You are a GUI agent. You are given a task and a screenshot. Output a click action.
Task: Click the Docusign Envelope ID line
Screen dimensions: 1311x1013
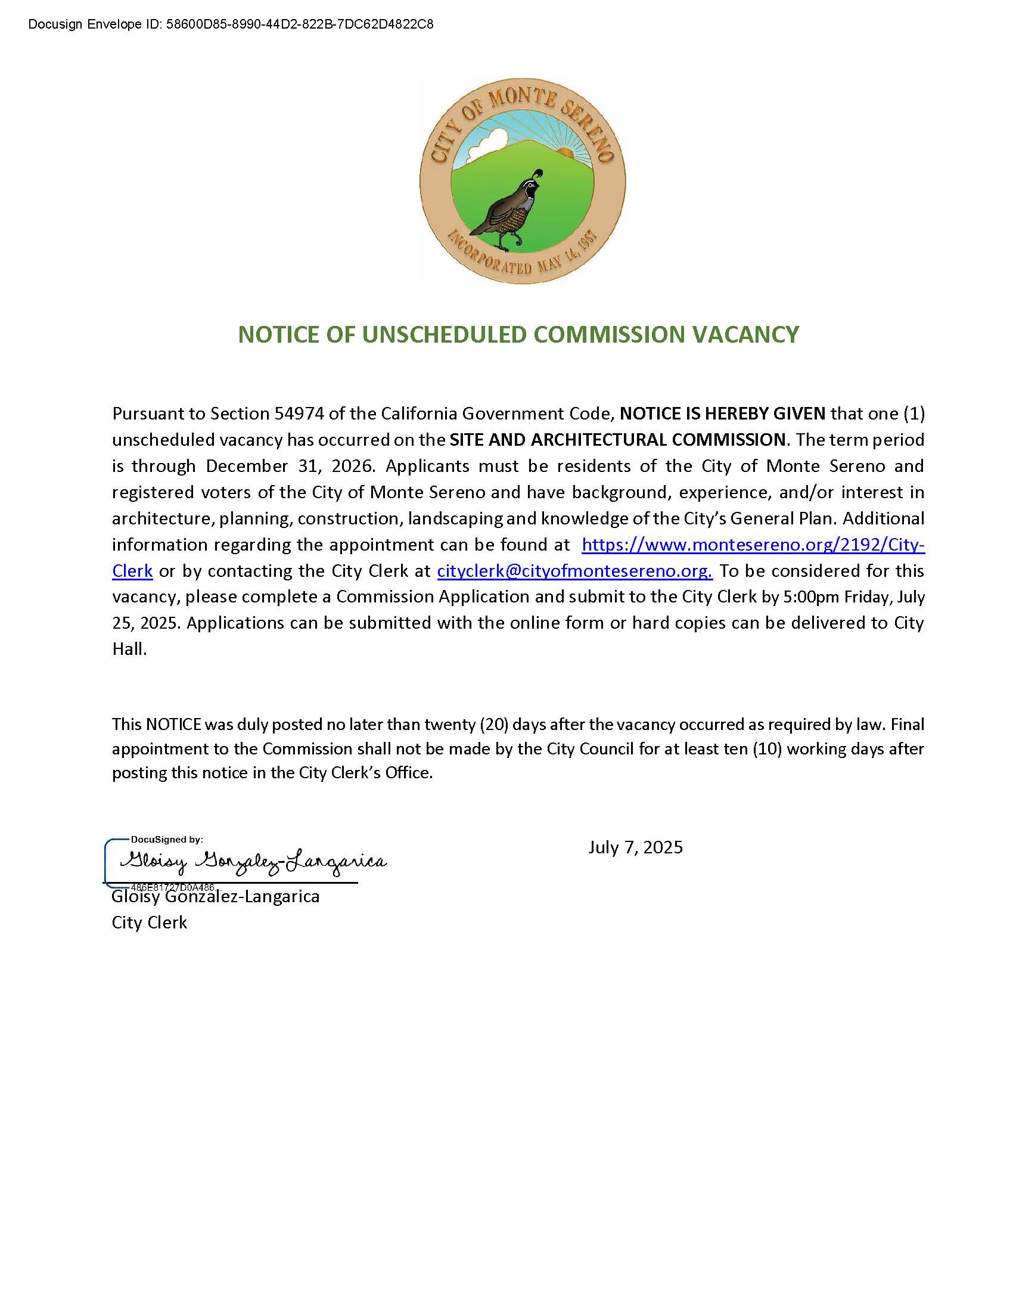coord(231,24)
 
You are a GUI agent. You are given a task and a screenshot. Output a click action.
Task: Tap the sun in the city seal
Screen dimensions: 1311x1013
coord(566,152)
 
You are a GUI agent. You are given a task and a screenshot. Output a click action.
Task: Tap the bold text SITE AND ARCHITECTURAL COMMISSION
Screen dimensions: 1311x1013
coord(617,439)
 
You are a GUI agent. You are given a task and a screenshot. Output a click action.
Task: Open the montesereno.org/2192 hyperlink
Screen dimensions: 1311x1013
coord(753,545)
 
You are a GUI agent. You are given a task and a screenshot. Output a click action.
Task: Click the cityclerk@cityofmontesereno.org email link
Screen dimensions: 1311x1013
coord(574,570)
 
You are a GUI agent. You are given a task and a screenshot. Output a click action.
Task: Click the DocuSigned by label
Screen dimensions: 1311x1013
coord(167,840)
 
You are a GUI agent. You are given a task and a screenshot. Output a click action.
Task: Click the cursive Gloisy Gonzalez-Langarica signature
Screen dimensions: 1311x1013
coord(252,862)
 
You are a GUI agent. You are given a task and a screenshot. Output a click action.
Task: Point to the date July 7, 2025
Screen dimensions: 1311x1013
coord(636,847)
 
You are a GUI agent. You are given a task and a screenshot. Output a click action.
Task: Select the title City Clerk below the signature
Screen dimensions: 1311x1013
coord(150,922)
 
